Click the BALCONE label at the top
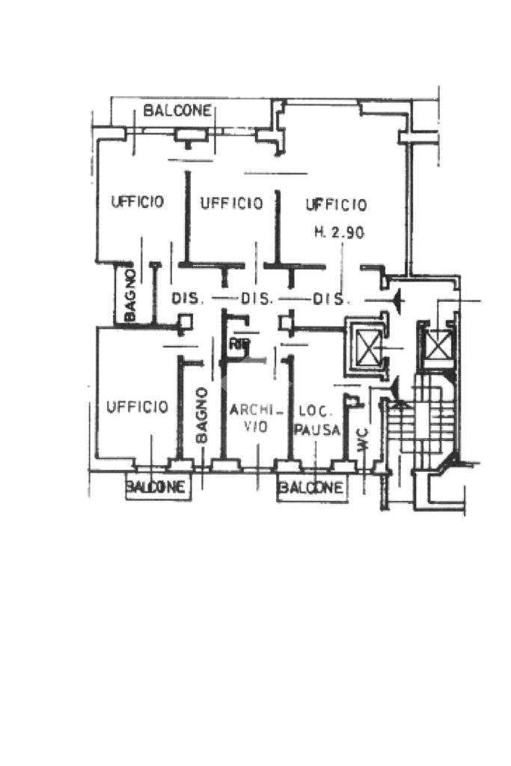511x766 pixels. [x=177, y=111]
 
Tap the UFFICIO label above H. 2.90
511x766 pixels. [x=336, y=204]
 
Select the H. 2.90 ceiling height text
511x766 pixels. [x=338, y=232]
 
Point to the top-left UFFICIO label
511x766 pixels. [x=137, y=201]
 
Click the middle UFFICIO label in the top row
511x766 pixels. [x=231, y=203]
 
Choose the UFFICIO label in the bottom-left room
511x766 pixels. [x=137, y=407]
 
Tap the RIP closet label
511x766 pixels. [x=239, y=345]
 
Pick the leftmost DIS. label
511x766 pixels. [x=188, y=298]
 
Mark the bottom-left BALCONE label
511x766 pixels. [x=155, y=487]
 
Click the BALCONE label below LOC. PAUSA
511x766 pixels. [x=312, y=488]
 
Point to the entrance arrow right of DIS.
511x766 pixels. [x=397, y=300]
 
